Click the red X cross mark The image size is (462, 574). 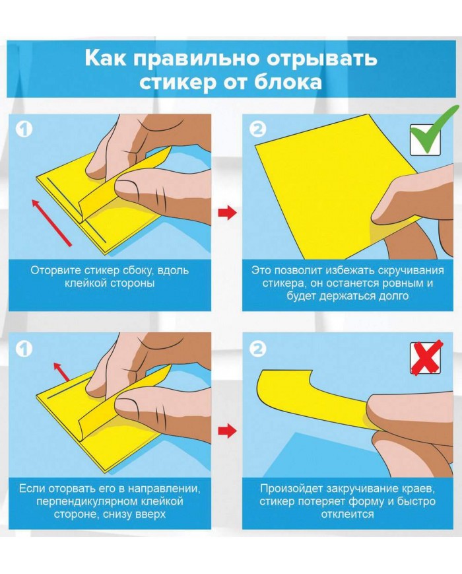[x=426, y=357]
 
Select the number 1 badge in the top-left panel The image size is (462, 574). [x=24, y=129]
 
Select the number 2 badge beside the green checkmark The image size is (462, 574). [x=258, y=129]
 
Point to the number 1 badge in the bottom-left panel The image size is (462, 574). [x=24, y=349]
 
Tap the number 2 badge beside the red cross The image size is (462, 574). [x=258, y=349]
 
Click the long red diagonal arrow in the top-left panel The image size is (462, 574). [x=51, y=222]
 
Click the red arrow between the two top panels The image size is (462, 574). [x=227, y=212]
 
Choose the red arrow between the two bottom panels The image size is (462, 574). [x=227, y=431]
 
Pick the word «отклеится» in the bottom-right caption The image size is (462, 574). [x=348, y=514]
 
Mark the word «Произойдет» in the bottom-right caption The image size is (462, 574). [x=292, y=489]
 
